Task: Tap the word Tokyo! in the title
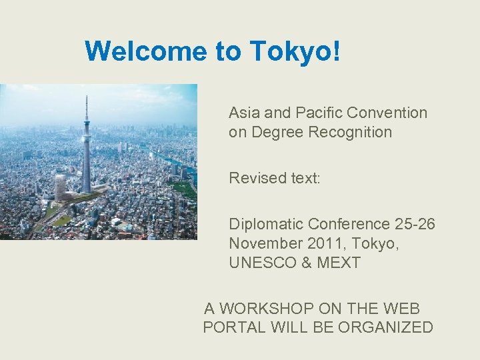pos(295,51)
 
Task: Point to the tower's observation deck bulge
pos(86,124)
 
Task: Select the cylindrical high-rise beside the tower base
pos(61,187)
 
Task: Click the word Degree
pos(275,132)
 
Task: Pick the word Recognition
pos(350,132)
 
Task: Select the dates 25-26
pos(414,224)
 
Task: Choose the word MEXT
pos(338,263)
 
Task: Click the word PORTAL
pos(233,327)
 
